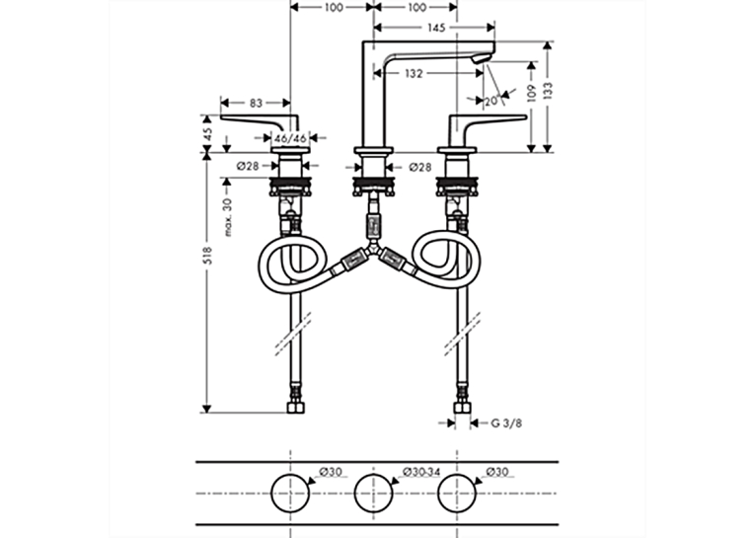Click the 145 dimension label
[436, 28]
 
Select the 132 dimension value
[414, 74]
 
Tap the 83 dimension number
[256, 103]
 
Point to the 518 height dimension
[207, 256]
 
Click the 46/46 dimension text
[290, 139]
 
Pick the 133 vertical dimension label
[549, 91]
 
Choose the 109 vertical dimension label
[532, 93]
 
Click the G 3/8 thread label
[506, 423]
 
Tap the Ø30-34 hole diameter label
[421, 472]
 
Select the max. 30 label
[228, 217]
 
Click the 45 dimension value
[207, 134]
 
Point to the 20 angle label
[491, 101]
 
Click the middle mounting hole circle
[373, 475]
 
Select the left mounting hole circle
[290, 475]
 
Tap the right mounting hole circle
[457, 475]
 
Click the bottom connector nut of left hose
[295, 408]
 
